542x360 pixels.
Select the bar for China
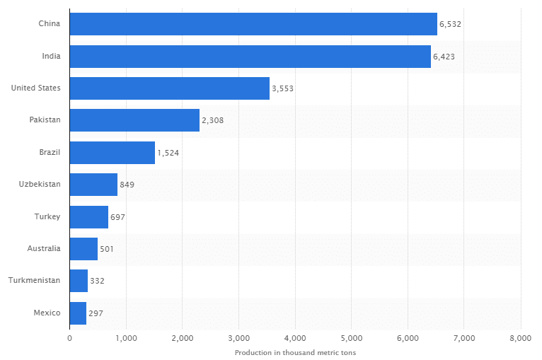coord(253,24)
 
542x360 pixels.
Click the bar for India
coord(250,57)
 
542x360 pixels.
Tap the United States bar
coord(170,88)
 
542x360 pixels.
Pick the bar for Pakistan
coord(134,120)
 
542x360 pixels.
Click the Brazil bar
coord(113,152)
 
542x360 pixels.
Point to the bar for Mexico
coord(78,313)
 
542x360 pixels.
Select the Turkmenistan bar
coord(79,281)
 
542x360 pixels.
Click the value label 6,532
coord(450,24)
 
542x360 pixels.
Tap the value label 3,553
coord(282,88)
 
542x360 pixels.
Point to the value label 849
coord(127,185)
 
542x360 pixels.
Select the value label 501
coord(107,249)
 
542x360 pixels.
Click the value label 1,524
coord(168,153)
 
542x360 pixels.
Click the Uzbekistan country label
coord(40,184)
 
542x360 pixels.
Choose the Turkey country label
coord(47,216)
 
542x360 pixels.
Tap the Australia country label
coord(44,248)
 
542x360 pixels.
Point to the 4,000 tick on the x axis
coord(295,338)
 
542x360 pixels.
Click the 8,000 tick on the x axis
coord(520,338)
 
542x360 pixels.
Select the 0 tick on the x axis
coord(70,338)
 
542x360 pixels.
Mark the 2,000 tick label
coord(183,338)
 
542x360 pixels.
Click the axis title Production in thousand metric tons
coord(295,352)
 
